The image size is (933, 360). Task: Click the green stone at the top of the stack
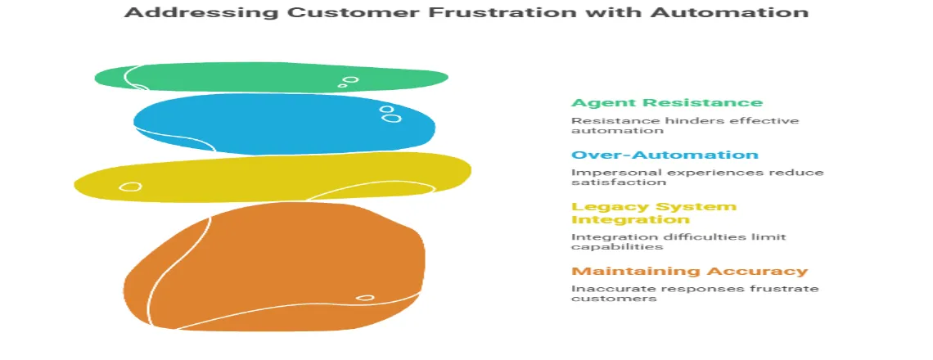[x=270, y=78]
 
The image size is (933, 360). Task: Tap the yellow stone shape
[x=270, y=178]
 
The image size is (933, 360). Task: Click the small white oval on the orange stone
[x=365, y=298]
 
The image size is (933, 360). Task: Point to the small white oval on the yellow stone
[x=129, y=187]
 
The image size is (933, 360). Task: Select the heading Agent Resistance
[x=666, y=103]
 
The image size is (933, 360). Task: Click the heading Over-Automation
[x=664, y=155]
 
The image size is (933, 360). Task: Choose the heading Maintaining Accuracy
[x=689, y=272]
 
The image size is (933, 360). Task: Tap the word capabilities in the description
[x=605, y=247]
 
